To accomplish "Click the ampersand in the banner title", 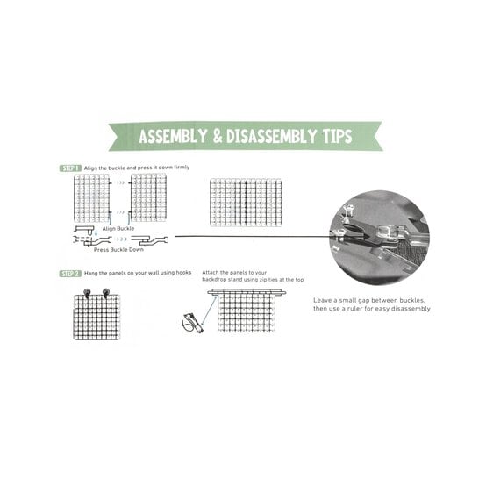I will click(214, 137).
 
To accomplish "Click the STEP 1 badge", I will click(71, 167).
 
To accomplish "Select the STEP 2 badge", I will click(71, 273).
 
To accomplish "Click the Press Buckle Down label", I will click(118, 250).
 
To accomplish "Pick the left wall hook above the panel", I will click(87, 291).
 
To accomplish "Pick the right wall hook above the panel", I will click(106, 291).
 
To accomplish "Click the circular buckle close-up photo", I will click(380, 237).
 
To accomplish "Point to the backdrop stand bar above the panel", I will click(246, 292).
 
